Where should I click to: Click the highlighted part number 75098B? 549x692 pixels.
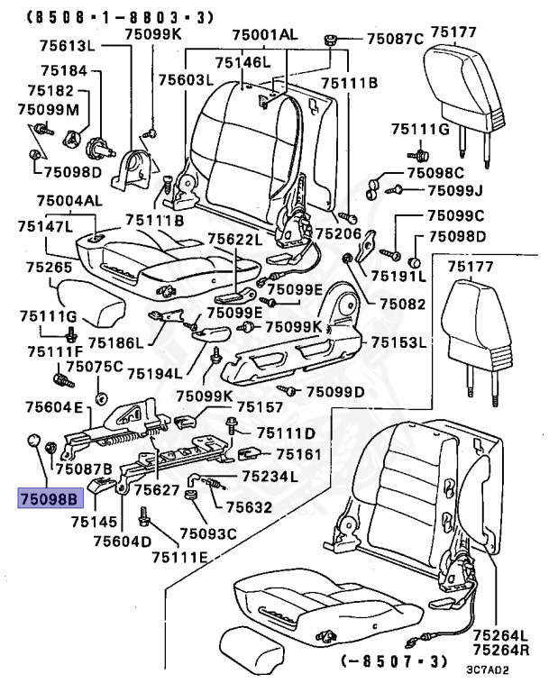click(x=50, y=496)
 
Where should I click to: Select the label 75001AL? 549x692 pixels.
click(x=264, y=34)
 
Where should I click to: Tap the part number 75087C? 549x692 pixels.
click(x=394, y=39)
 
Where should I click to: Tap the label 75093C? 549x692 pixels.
click(x=207, y=534)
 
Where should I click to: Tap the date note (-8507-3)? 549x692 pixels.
click(x=393, y=661)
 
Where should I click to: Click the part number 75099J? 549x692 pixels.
click(x=455, y=190)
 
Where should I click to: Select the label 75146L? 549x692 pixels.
click(x=242, y=62)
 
